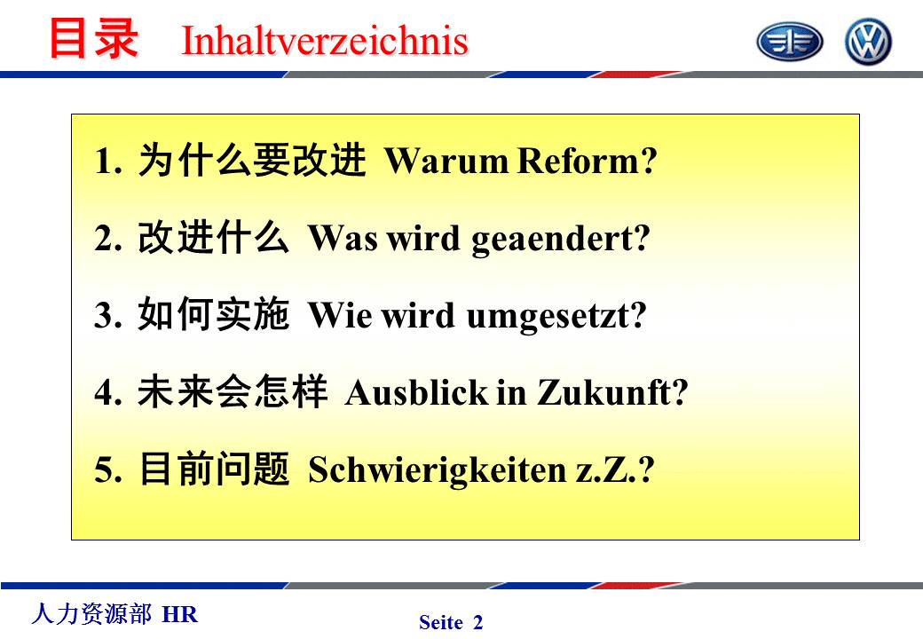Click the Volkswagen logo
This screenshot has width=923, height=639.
(x=868, y=41)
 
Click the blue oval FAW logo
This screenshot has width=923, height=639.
(x=789, y=42)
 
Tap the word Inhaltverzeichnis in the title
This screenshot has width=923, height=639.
(x=325, y=41)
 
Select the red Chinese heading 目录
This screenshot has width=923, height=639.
(x=93, y=38)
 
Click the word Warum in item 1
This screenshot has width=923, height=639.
(x=446, y=160)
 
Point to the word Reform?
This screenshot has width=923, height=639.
(x=587, y=160)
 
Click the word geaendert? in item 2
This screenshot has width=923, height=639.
(x=561, y=239)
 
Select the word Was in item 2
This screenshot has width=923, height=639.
(x=343, y=238)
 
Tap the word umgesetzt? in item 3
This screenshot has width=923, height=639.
(x=556, y=316)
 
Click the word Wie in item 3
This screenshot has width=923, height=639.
(x=340, y=315)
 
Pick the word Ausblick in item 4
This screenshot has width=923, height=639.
(x=417, y=392)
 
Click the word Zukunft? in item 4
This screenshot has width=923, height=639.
(x=612, y=392)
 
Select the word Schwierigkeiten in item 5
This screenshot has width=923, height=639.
(x=438, y=470)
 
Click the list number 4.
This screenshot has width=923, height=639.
(x=107, y=392)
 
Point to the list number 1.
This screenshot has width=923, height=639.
(x=107, y=161)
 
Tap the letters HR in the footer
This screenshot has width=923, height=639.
(x=180, y=614)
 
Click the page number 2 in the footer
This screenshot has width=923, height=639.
(x=478, y=622)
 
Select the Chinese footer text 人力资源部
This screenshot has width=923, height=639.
(x=91, y=613)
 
